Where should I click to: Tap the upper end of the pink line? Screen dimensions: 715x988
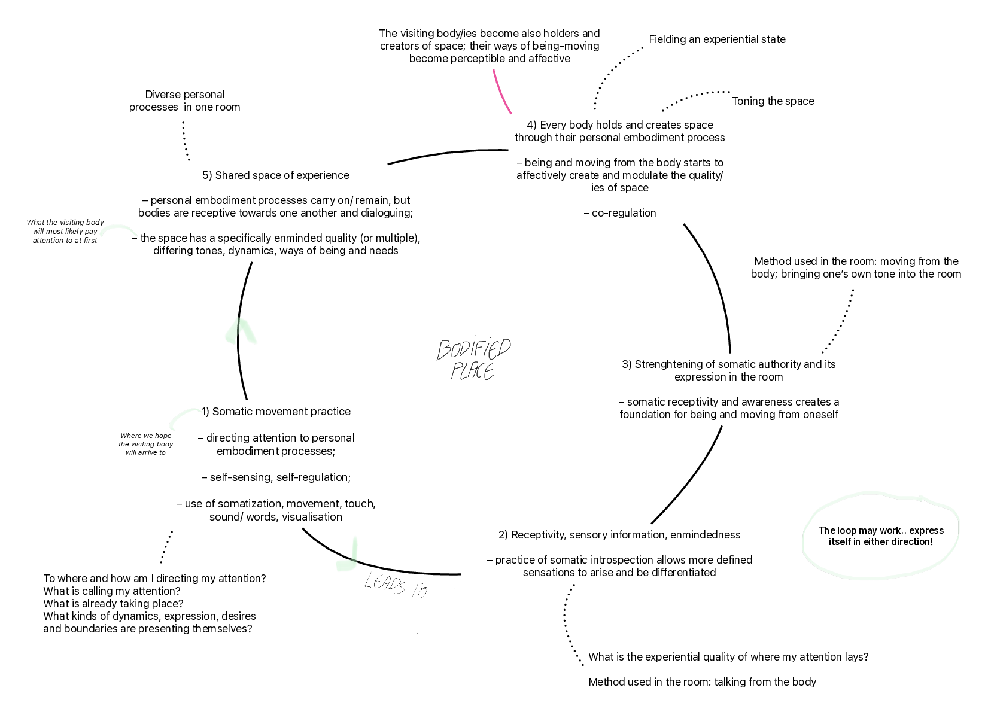[494, 71]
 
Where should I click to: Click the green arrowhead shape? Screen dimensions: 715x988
[241, 332]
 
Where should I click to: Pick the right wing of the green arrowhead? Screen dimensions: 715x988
[249, 333]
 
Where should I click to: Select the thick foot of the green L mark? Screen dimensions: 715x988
[345, 565]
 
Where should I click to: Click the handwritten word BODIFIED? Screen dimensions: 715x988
[474, 349]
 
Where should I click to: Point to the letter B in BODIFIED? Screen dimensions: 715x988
[443, 351]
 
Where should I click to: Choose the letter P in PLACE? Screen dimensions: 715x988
[457, 371]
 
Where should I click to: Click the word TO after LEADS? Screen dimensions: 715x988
[418, 591]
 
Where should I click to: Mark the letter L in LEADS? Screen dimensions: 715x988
[369, 580]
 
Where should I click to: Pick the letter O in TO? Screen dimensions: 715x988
[423, 592]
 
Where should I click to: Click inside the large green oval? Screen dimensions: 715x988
[880, 536]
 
